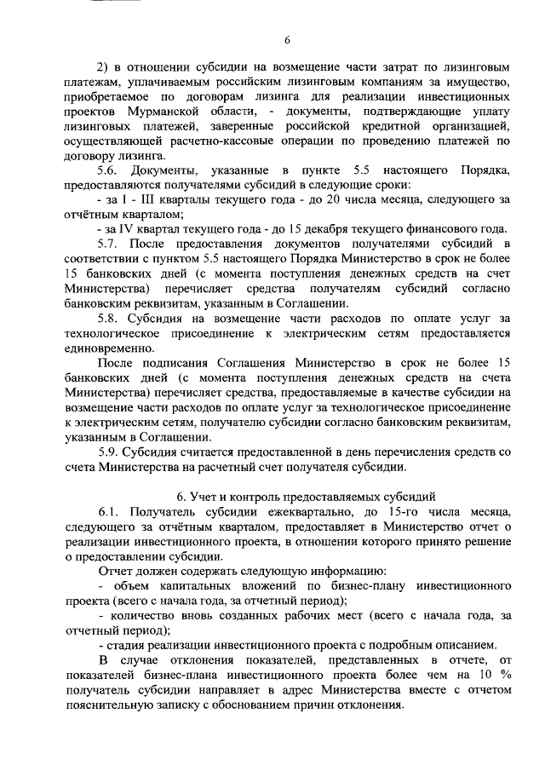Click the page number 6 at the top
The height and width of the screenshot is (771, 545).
287,41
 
